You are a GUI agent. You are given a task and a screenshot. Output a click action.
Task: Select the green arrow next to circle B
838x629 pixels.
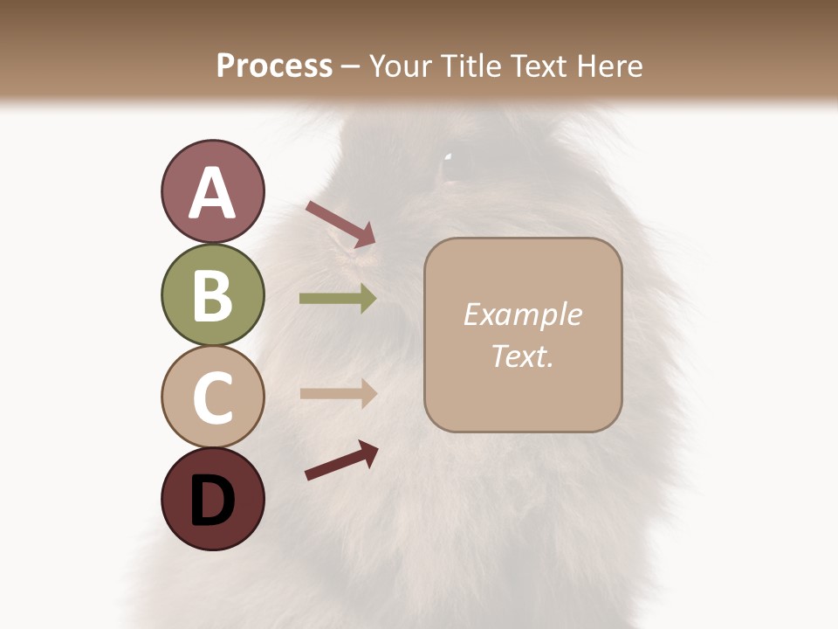pyautogui.click(x=338, y=299)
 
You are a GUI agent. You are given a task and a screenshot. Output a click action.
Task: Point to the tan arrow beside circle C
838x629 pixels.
pyautogui.click(x=338, y=393)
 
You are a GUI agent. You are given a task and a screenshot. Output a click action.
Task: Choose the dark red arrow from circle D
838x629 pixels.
pyautogui.click(x=341, y=460)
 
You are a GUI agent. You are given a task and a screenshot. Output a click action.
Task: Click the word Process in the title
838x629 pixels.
pyautogui.click(x=274, y=66)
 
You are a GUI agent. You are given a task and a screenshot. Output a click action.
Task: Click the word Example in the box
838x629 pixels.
pyautogui.click(x=522, y=314)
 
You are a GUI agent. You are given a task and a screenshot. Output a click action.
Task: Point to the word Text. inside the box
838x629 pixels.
pyautogui.click(x=522, y=356)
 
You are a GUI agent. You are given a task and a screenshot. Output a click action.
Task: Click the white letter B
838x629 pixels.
pyautogui.click(x=212, y=295)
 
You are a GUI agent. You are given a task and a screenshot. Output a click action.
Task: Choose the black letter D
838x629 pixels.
pyautogui.click(x=212, y=500)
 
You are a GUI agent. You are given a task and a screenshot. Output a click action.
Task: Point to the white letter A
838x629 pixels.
pyautogui.click(x=212, y=193)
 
